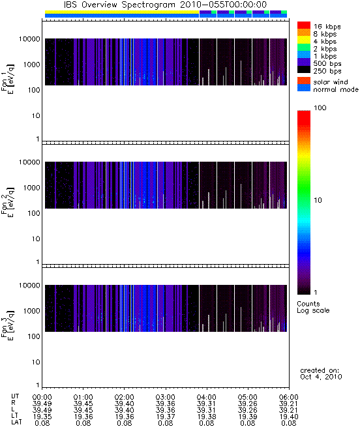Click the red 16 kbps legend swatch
304,25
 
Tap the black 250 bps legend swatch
304,70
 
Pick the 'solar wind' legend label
331,82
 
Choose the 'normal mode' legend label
336,89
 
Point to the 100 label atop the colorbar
320,108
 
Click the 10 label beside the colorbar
318,200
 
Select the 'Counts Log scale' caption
313,307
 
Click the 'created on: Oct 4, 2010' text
321,374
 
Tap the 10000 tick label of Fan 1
29,39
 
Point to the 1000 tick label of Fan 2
31,188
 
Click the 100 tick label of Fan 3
34,336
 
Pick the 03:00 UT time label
165,397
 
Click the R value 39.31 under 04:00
206,404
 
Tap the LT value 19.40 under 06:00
289,417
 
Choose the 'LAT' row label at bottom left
16,422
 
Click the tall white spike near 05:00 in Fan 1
241,73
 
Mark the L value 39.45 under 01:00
83,410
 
